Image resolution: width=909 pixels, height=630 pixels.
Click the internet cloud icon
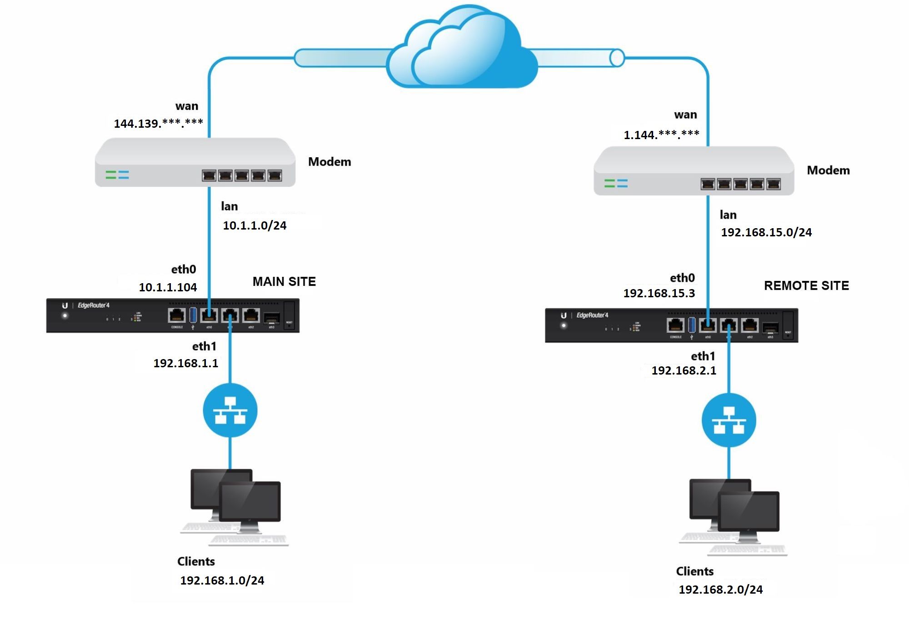pyautogui.click(x=461, y=50)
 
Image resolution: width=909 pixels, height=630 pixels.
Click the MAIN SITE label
pyautogui.click(x=284, y=282)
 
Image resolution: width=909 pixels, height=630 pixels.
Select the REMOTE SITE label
pyautogui.click(x=806, y=286)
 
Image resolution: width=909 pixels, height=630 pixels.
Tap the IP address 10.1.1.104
pyautogui.click(x=168, y=287)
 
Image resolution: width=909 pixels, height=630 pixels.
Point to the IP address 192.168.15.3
pyautogui.click(x=659, y=293)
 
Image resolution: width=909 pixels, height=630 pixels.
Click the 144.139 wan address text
pyautogui.click(x=158, y=123)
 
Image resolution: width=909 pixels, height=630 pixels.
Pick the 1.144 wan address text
pyautogui.click(x=661, y=135)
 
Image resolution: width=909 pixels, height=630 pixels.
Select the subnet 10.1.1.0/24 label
pyautogui.click(x=255, y=225)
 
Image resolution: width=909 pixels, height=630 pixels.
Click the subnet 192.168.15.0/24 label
pyautogui.click(x=766, y=232)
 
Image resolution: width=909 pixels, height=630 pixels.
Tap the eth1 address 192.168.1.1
pyautogui.click(x=185, y=363)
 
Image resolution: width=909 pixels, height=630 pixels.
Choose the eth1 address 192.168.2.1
pyautogui.click(x=684, y=370)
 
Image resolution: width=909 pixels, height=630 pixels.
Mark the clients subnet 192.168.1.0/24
pyautogui.click(x=222, y=580)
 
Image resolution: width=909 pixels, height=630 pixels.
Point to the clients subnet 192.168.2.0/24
pyautogui.click(x=720, y=590)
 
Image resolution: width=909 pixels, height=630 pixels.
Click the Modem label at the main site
pyautogui.click(x=330, y=162)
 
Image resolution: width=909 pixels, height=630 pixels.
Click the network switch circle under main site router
pyautogui.click(x=230, y=410)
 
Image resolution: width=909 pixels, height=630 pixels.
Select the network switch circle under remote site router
pyautogui.click(x=729, y=420)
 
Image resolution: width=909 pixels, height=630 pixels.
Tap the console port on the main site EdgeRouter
pyautogui.click(x=177, y=315)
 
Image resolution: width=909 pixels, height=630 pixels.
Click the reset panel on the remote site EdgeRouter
pyautogui.click(x=788, y=325)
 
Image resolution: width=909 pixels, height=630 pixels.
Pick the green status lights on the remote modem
pyautogui.click(x=609, y=183)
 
